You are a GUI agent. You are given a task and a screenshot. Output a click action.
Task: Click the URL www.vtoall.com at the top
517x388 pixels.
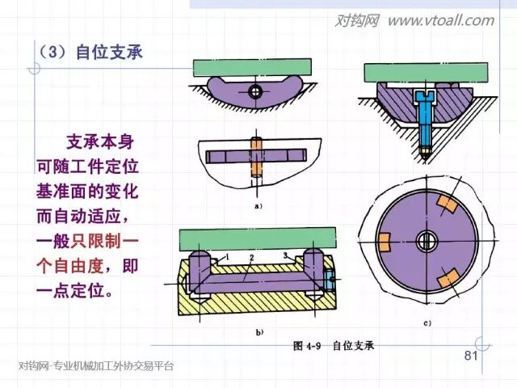click(x=439, y=20)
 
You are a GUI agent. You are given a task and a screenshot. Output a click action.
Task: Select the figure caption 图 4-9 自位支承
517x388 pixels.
click(x=334, y=346)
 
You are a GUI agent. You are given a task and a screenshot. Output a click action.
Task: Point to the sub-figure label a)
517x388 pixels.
click(x=258, y=206)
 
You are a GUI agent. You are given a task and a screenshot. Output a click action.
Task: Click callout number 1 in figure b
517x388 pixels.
click(x=229, y=256)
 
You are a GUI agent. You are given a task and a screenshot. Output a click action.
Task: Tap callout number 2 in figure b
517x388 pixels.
click(x=252, y=257)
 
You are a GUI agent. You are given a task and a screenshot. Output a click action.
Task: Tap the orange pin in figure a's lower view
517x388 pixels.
click(x=257, y=158)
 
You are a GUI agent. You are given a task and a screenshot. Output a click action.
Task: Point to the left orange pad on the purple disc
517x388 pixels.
click(x=384, y=239)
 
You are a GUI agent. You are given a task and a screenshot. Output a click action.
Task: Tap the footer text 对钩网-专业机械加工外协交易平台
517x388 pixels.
click(x=96, y=366)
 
